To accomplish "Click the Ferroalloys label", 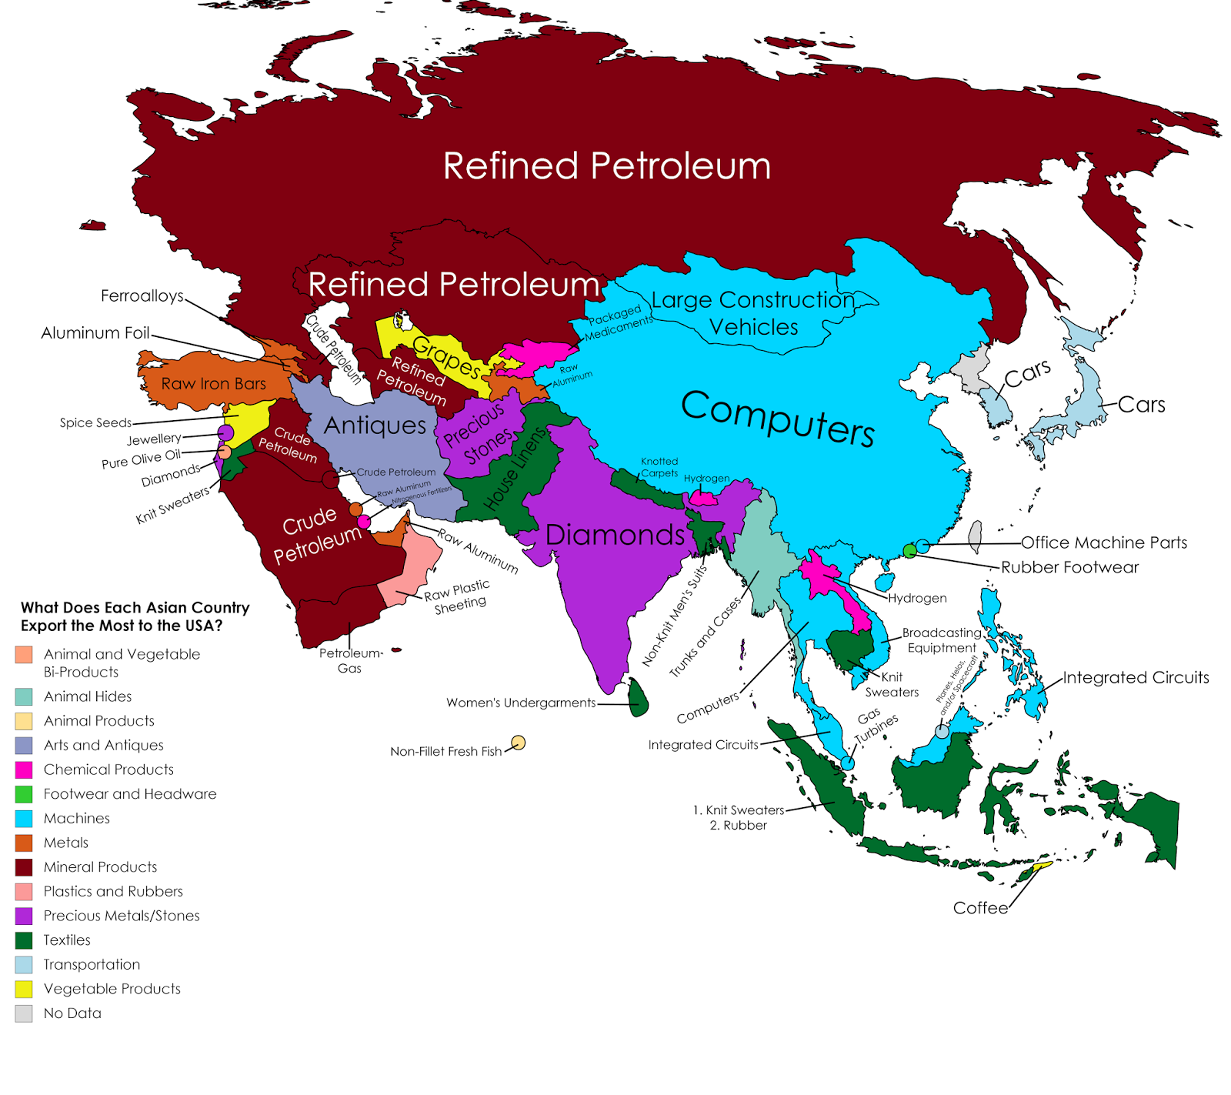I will (x=142, y=296).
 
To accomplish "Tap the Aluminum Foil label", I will (x=95, y=333).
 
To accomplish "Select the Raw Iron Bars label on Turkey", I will (x=213, y=384).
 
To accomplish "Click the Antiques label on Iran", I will (x=375, y=426).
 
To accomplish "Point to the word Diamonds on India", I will (x=615, y=535).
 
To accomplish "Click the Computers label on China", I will (x=777, y=419).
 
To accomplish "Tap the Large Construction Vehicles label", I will (x=753, y=313).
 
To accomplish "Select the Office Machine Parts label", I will (x=1104, y=542).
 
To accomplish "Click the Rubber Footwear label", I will (x=1069, y=567).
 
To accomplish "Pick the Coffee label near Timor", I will (x=980, y=908).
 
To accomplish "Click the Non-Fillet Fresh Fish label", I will (x=445, y=752).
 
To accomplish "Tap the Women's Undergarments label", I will (x=521, y=703).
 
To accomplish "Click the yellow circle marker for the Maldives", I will (x=519, y=743).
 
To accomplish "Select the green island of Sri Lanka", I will (x=638, y=698).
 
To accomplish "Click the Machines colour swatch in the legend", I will (x=24, y=818).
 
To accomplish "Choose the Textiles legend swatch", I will (x=24, y=940).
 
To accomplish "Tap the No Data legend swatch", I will (x=24, y=1013).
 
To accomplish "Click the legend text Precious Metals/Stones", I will (x=122, y=916).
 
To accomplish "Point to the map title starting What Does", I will (x=135, y=616).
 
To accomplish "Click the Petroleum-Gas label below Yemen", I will (x=350, y=660).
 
